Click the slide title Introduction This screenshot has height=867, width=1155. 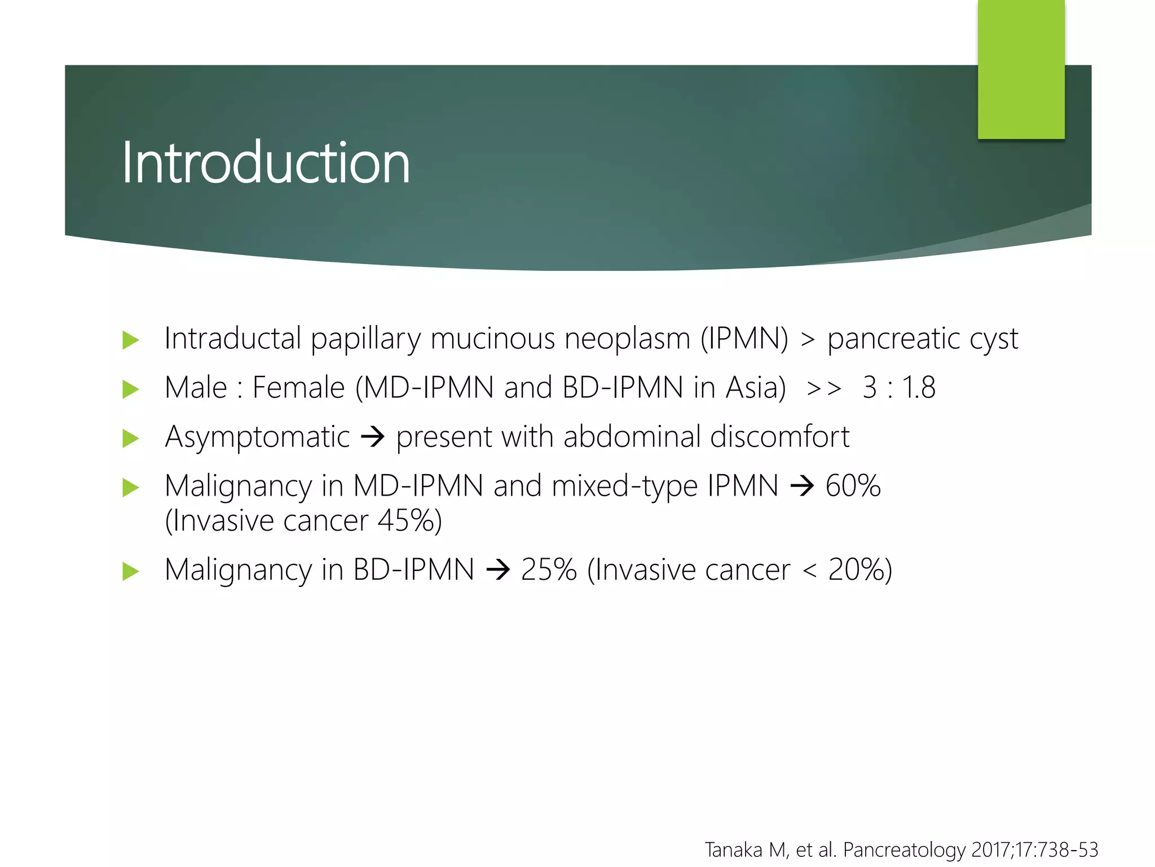tap(265, 163)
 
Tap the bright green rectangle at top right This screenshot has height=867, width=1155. tap(1021, 69)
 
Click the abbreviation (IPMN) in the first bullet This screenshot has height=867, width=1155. tap(744, 339)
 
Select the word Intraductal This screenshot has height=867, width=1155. tap(233, 339)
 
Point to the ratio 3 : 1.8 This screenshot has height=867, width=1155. tap(899, 388)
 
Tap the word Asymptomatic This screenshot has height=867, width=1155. tap(257, 437)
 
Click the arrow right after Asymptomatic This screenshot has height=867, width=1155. tap(373, 437)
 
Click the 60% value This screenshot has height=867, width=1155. tap(853, 486)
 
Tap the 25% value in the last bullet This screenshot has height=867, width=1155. tap(549, 570)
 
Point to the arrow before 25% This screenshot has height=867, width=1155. tap(498, 570)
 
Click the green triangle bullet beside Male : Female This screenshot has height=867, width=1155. tap(130, 389)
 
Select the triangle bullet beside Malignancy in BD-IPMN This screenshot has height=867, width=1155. tap(130, 571)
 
